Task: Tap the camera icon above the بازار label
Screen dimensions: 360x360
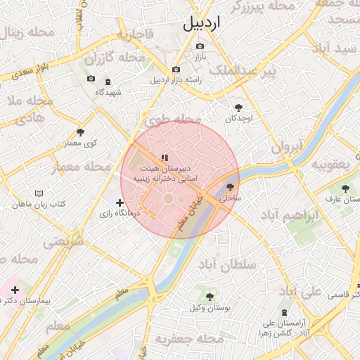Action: coord(200,46)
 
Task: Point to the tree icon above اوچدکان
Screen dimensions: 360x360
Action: coord(239,108)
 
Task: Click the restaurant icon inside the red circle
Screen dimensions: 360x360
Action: coord(164,158)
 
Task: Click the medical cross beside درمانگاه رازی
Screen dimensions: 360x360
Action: coord(120,202)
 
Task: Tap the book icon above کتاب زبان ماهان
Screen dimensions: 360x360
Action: coord(39,193)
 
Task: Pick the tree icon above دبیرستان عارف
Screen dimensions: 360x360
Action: coord(345,188)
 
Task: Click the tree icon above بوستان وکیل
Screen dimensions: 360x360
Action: coord(210,296)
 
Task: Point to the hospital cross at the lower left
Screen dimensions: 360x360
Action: coord(15,289)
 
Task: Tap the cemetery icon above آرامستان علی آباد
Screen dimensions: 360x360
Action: coord(283,311)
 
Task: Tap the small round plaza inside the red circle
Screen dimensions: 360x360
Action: coord(169,199)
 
